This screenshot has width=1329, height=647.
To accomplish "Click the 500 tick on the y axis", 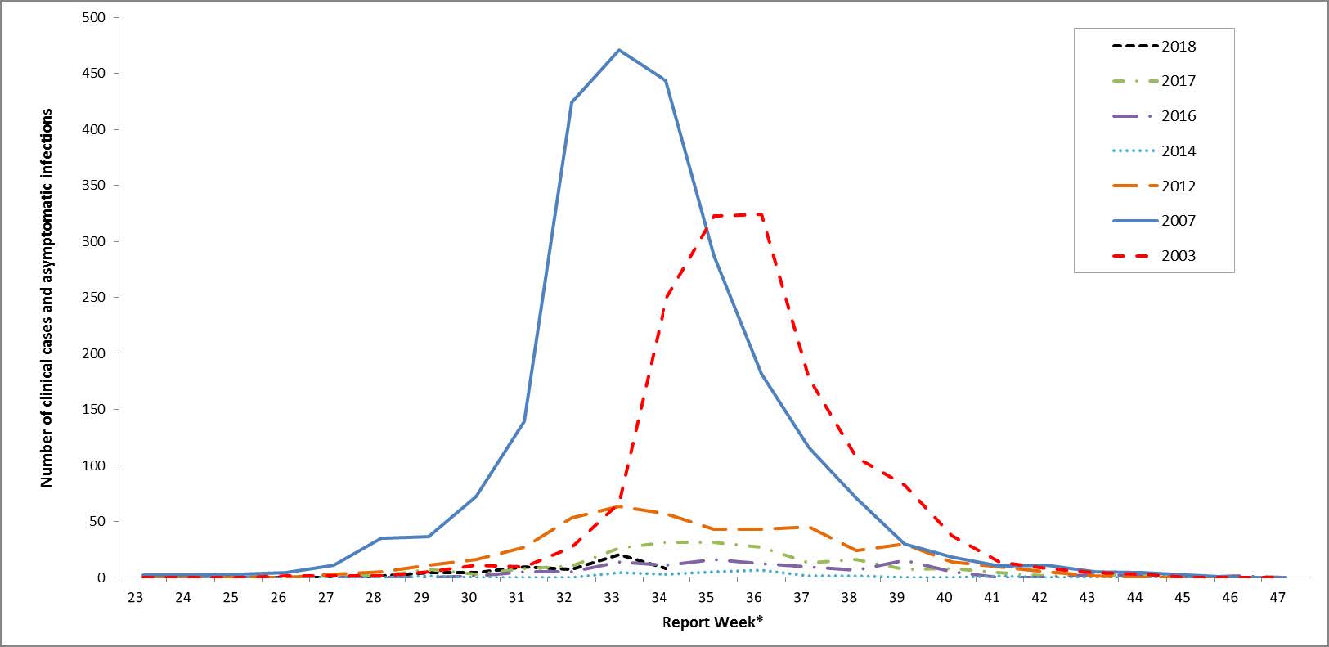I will click(x=96, y=17).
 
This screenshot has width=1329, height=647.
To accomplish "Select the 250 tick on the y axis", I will click(x=96, y=298).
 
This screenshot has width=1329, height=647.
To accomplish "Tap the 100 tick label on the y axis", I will click(x=96, y=465).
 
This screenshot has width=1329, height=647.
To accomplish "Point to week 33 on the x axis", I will click(x=611, y=598).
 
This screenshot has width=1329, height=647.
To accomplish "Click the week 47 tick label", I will click(x=1277, y=598).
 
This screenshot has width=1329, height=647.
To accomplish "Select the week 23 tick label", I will click(x=135, y=598).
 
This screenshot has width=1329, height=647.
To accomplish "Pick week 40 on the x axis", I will click(x=945, y=598).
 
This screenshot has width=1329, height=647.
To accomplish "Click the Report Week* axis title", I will click(x=712, y=622).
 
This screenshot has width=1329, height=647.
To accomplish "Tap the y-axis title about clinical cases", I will click(x=47, y=298).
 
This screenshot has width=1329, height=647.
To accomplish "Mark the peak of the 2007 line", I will click(x=619, y=50).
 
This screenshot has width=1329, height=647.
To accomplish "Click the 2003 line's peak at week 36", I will click(x=761, y=215).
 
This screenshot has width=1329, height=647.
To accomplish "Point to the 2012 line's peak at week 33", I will click(x=619, y=506).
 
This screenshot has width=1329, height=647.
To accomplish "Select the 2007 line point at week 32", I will click(x=571, y=102).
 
